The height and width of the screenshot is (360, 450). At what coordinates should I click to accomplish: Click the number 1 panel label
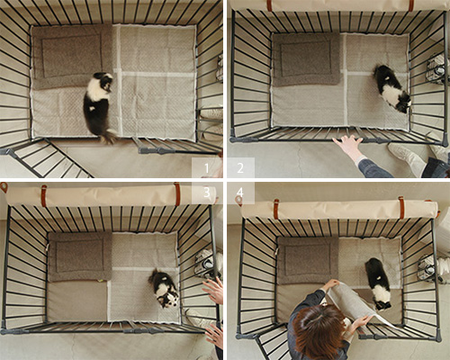206,168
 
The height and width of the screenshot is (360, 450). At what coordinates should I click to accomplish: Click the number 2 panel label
240,168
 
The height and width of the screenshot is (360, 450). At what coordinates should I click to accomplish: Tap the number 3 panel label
207,193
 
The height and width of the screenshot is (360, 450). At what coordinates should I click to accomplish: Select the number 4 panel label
240,193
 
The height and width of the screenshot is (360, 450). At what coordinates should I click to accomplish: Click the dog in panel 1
99,106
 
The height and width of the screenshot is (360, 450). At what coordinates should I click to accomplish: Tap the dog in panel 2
391,89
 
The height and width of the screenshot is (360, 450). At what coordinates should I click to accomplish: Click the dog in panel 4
377,283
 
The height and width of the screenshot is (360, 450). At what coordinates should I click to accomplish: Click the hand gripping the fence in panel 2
348,146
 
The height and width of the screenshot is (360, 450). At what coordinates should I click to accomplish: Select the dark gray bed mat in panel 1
72,57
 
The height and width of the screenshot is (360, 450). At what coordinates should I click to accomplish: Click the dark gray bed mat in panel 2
307,59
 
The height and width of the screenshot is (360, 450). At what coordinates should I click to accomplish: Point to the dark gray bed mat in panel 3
80,257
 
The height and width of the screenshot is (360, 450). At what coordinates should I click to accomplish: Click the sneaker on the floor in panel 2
406,157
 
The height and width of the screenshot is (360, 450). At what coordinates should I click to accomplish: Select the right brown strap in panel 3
177,194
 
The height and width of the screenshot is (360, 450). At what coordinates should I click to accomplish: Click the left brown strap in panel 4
276,209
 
